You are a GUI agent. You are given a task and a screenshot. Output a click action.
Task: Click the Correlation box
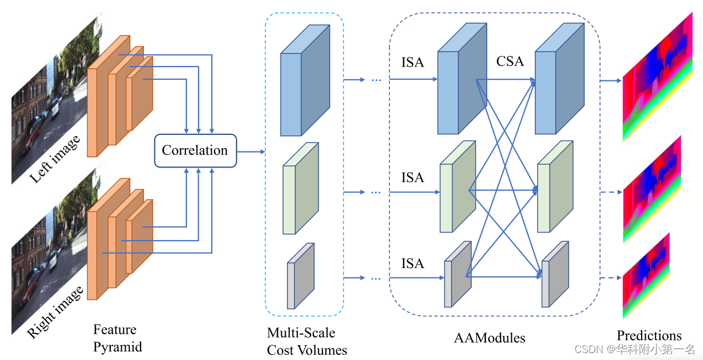click(x=195, y=150)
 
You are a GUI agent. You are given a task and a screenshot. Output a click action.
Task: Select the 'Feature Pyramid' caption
click(x=117, y=338)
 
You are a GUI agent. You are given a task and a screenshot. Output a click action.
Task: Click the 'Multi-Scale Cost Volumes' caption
click(x=306, y=341)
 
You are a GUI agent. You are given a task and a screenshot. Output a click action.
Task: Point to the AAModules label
click(x=489, y=338)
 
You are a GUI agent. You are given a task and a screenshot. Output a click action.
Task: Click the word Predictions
click(x=649, y=336)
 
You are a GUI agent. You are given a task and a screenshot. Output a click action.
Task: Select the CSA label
click(x=510, y=61)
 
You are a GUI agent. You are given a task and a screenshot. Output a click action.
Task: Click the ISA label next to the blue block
click(x=413, y=62)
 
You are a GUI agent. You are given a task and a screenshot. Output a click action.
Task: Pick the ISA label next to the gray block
click(x=413, y=264)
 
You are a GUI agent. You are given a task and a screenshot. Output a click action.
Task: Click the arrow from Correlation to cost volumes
click(x=251, y=152)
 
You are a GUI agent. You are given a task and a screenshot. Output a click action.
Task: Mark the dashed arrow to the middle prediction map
click(x=611, y=192)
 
